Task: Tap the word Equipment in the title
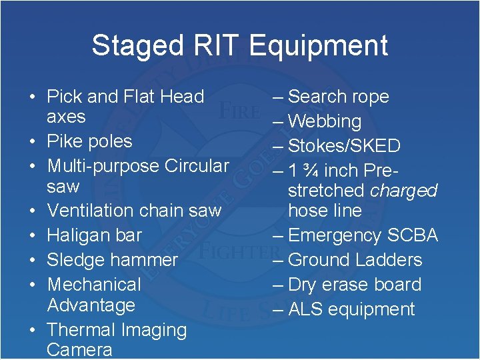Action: (318, 45)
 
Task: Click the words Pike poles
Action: (89, 141)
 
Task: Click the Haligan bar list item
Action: (95, 235)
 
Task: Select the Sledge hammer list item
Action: (113, 259)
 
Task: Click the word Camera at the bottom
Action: (79, 350)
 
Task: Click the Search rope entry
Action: (338, 97)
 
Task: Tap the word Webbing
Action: (325, 121)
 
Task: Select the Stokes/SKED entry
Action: (344, 146)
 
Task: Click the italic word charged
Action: (403, 191)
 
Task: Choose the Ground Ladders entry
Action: (355, 260)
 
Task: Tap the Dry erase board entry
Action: (355, 285)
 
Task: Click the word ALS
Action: (305, 309)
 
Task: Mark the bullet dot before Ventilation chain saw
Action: (33, 211)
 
